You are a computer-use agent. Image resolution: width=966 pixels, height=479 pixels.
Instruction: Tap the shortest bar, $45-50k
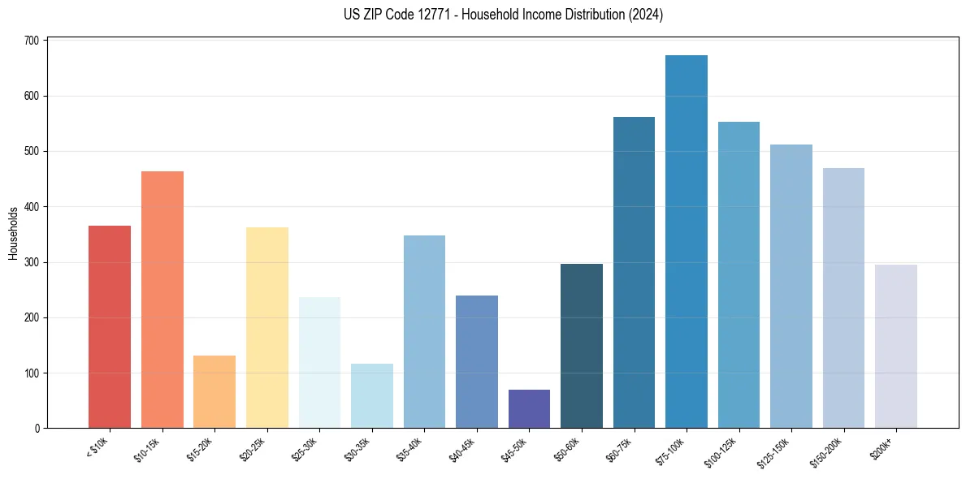(x=529, y=409)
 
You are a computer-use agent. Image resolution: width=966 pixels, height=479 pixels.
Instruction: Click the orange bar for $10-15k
(x=162, y=300)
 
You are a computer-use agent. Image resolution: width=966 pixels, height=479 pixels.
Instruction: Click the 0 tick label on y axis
(x=38, y=429)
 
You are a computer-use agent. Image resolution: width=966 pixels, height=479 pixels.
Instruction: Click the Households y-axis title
(x=14, y=233)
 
